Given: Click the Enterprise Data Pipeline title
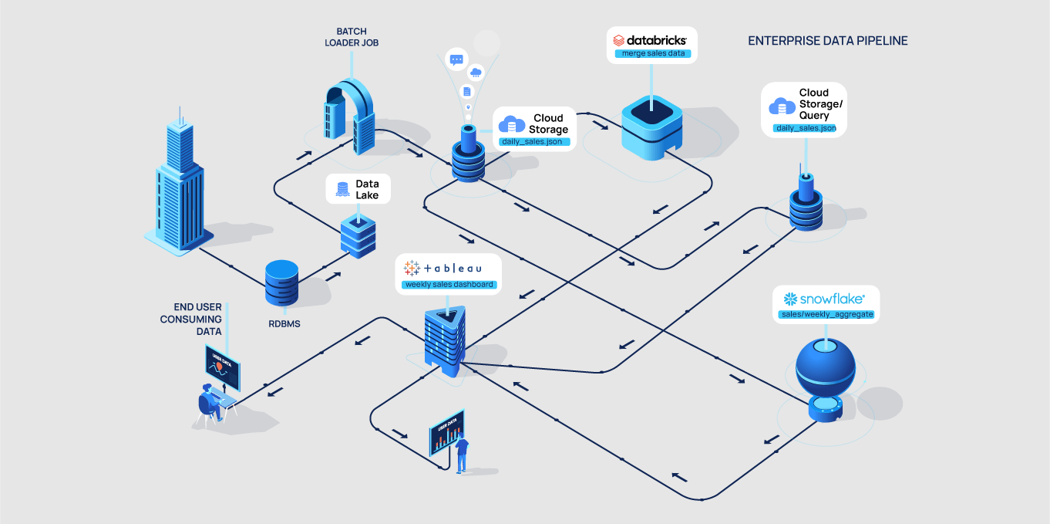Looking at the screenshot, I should click(x=828, y=41).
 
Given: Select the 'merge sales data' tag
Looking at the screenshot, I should click(x=652, y=55).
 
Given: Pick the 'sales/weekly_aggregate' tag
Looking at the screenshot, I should click(x=826, y=315).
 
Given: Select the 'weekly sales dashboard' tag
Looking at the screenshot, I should click(x=448, y=285).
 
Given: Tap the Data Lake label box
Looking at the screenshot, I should click(x=358, y=189).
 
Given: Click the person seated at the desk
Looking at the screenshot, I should click(x=210, y=401).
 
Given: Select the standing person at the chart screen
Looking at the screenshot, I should click(x=462, y=455).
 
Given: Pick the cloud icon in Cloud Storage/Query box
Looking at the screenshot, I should click(x=782, y=106).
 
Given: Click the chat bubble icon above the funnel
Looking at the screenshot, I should click(x=456, y=59).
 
